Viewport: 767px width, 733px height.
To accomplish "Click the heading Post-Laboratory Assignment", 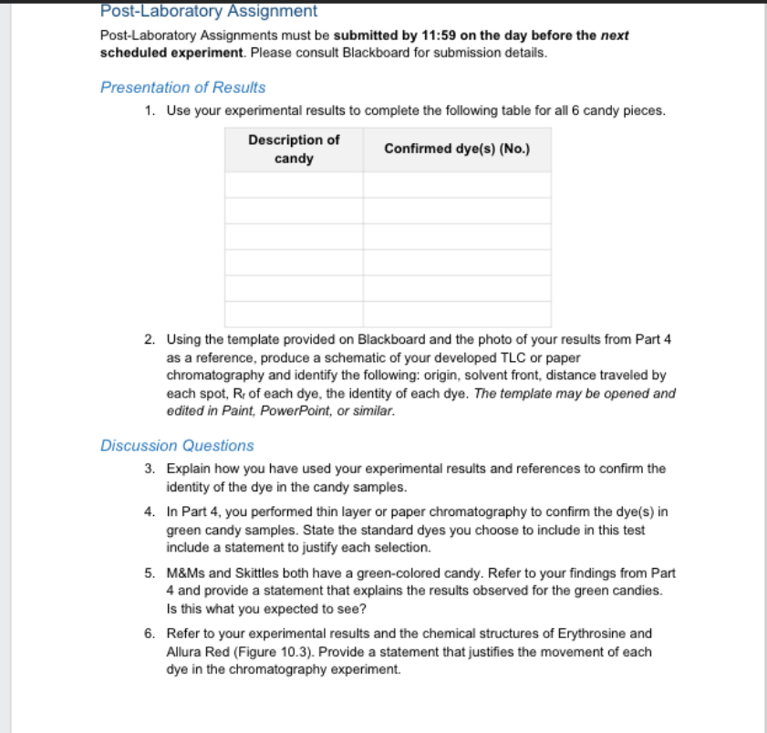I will pos(208,12).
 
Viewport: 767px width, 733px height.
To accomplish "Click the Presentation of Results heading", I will pos(182,88).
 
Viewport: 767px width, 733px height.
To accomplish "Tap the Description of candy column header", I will pos(294,150).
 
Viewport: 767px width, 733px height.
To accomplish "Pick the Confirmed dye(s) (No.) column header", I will pos(456,150).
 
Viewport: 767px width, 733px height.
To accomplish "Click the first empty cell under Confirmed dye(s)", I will pos(456,185).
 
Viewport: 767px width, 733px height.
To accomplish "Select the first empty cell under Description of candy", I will pos(294,185).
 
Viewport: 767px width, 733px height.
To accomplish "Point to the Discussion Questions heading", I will pos(177,446).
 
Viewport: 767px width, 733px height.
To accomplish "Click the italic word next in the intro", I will pos(615,36).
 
